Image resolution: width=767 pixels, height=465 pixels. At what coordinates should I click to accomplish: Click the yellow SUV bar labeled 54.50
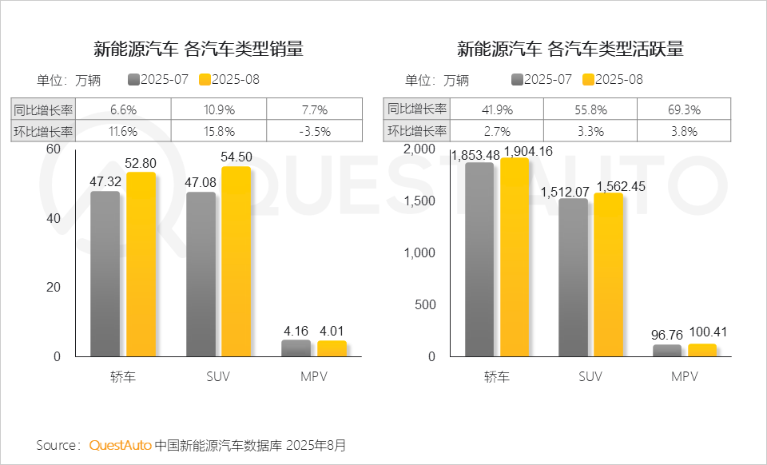236,261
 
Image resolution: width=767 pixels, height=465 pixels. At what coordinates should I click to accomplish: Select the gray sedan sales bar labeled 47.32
105,274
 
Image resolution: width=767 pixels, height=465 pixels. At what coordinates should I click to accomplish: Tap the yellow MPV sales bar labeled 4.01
332,348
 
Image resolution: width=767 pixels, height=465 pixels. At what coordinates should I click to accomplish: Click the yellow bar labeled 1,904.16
515,256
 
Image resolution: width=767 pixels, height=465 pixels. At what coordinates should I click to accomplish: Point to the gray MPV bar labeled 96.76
667,350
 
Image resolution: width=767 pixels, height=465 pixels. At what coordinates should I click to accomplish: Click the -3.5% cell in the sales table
314,132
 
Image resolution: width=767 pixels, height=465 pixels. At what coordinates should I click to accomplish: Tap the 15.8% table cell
219,132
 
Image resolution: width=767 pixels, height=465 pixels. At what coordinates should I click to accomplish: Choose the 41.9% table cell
497,109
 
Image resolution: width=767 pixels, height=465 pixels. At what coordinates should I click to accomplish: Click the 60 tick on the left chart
54,149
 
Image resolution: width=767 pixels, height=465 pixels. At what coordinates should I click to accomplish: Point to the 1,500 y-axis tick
420,201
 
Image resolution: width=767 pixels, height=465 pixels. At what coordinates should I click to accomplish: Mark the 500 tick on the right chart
426,304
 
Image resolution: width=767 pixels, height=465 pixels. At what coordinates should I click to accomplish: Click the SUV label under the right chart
590,376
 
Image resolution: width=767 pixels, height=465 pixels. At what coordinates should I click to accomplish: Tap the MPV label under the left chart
315,376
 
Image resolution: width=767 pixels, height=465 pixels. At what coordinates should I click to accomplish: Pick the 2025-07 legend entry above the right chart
541,80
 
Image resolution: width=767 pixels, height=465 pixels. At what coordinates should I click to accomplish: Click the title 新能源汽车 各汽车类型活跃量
570,50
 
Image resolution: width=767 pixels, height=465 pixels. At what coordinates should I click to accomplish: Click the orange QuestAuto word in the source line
120,445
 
